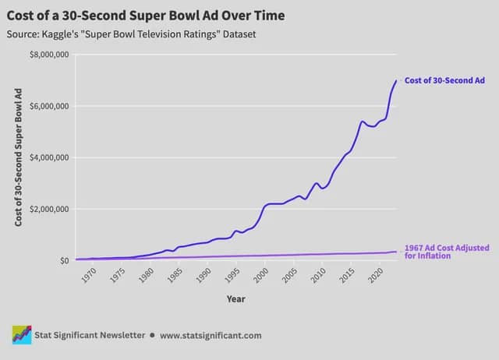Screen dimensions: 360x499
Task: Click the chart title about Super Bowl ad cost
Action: point(145,15)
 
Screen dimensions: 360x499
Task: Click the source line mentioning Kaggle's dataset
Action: point(130,34)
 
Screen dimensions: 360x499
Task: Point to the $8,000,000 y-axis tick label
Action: point(48,55)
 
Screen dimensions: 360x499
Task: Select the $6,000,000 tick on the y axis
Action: point(48,106)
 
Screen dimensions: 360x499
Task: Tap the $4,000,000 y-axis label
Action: point(48,157)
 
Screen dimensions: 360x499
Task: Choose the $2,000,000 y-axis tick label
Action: point(48,209)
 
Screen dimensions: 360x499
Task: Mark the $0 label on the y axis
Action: point(64,260)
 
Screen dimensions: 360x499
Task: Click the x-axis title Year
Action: point(235,298)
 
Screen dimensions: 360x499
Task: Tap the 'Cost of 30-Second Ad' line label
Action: point(444,80)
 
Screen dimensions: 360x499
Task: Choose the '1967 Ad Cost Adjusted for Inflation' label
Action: point(447,252)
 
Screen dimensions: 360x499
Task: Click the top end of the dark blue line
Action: point(396,80)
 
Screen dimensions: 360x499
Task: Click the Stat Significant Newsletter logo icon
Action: point(21,335)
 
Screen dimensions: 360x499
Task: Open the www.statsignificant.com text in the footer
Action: point(211,335)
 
